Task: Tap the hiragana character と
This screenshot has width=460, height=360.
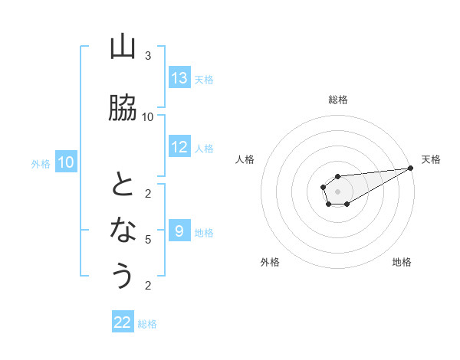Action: click(123, 184)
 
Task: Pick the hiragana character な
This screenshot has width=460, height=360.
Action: click(123, 228)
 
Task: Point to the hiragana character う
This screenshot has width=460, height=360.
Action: click(123, 274)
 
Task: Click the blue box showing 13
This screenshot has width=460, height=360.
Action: click(179, 78)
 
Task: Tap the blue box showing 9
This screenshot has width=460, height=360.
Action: click(179, 232)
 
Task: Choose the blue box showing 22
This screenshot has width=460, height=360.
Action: click(123, 322)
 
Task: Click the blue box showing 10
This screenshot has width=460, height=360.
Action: click(66, 162)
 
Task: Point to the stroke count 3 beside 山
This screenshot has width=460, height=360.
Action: click(148, 56)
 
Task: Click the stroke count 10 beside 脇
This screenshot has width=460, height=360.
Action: click(148, 116)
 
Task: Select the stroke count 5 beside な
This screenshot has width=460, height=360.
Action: click(148, 240)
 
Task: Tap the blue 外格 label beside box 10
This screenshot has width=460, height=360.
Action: click(41, 163)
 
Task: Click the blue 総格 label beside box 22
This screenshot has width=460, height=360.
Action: click(147, 323)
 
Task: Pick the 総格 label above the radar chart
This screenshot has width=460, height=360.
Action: click(338, 100)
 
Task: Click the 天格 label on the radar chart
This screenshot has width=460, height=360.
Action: click(431, 159)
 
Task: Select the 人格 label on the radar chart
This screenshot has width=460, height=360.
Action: click(245, 159)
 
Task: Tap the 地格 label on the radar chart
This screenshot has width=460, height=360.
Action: click(402, 263)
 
